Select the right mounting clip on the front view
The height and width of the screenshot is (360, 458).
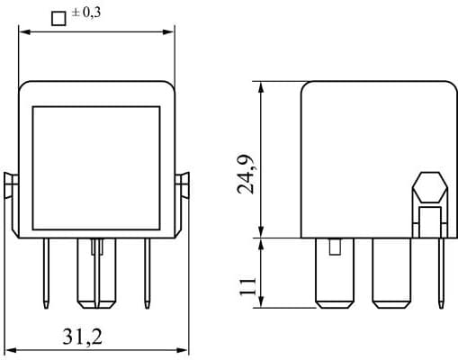point(184,185)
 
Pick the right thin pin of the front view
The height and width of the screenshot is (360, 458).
point(146,270)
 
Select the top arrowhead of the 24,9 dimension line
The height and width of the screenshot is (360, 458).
point(262,88)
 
